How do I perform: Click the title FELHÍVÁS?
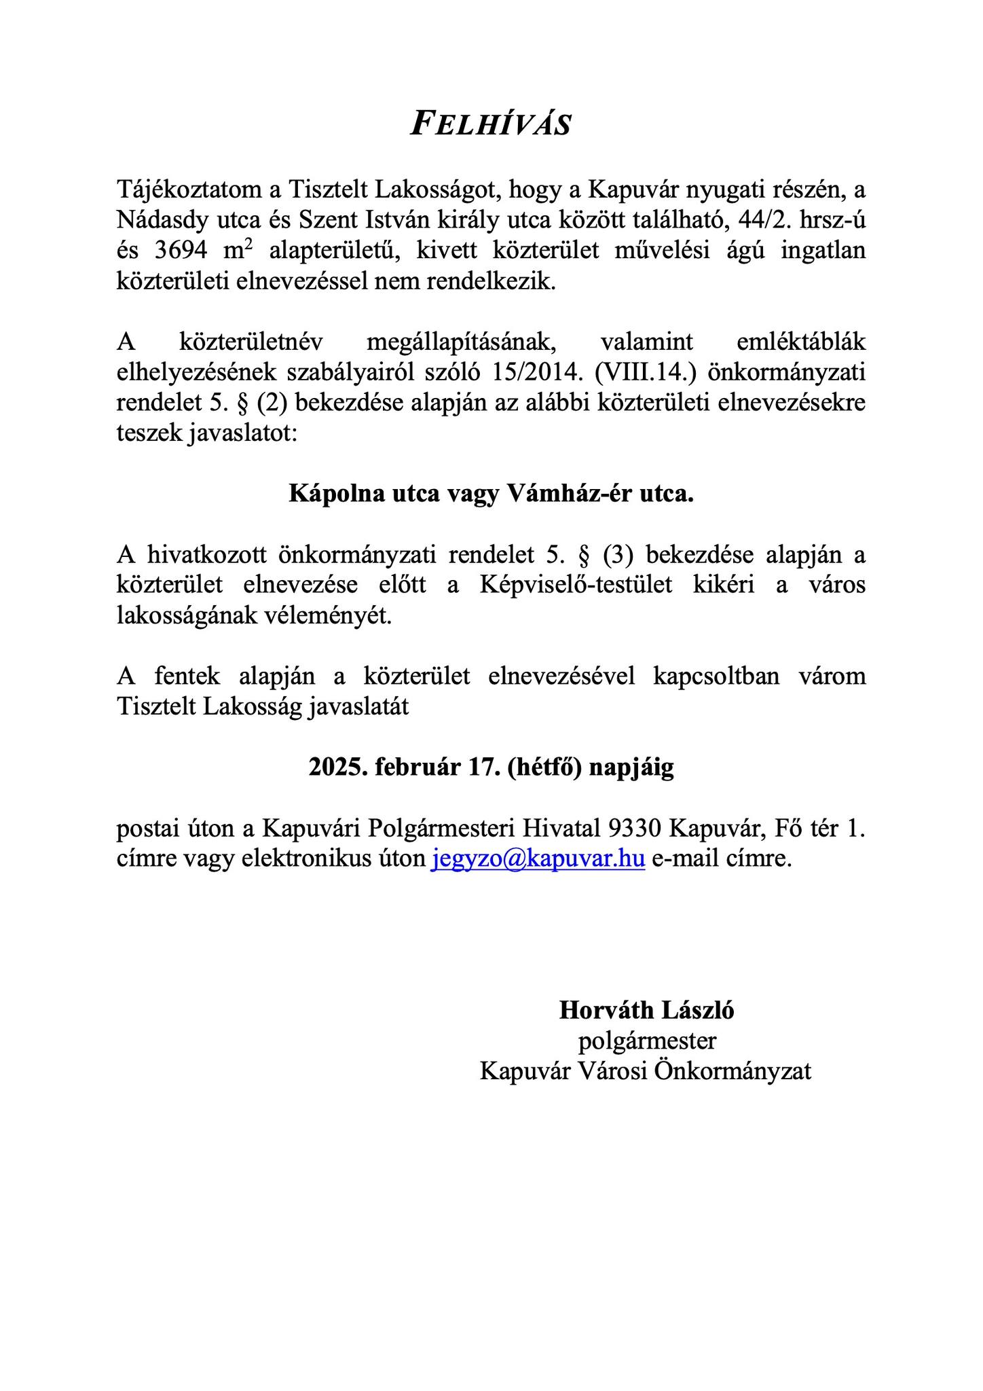coord(491,125)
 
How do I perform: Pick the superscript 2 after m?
coord(248,245)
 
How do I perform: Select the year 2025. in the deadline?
coord(337,767)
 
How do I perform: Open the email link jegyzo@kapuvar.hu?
coord(538,859)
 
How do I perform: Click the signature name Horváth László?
coord(646,1011)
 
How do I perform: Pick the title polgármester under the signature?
coord(646,1041)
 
